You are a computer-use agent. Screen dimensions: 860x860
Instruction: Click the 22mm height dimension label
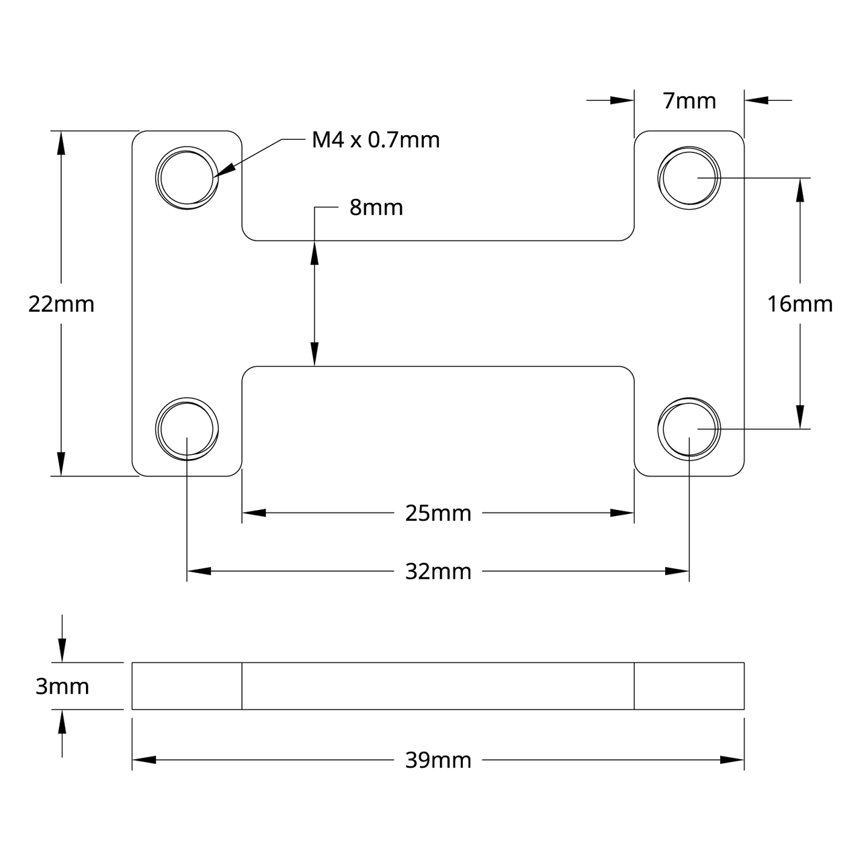tap(61, 304)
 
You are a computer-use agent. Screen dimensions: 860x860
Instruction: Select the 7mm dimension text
tap(689, 101)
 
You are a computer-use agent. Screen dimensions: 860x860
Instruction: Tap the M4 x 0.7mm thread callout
tap(376, 140)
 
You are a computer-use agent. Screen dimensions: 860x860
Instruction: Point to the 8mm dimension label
tap(376, 208)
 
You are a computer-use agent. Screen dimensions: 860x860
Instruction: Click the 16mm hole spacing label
tap(800, 304)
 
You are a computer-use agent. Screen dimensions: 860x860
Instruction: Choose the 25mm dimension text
tap(438, 514)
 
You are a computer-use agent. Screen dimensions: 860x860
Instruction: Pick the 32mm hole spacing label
tap(438, 572)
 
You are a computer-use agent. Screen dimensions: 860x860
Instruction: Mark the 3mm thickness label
tap(62, 687)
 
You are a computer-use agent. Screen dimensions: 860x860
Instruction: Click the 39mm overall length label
tap(438, 761)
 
